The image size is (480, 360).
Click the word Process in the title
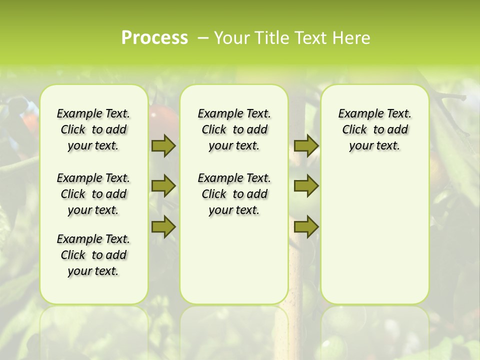click(x=154, y=38)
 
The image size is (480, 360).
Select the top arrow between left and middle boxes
click(x=163, y=145)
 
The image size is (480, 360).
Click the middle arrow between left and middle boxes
click(x=163, y=186)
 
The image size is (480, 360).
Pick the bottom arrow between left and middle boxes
click(x=163, y=226)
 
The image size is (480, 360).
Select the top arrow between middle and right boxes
click(x=306, y=145)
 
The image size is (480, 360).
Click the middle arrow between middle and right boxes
click(x=306, y=186)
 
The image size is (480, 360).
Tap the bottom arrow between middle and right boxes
click(x=306, y=226)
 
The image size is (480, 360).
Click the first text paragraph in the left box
click(x=93, y=129)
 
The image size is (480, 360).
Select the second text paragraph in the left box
click(x=93, y=194)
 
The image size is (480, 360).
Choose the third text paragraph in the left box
click(x=93, y=255)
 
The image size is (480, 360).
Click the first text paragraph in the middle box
click(x=234, y=129)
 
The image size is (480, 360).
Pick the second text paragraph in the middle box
click(x=234, y=194)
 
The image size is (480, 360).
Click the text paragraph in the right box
click(x=375, y=129)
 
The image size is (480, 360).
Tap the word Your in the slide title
click(x=231, y=38)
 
